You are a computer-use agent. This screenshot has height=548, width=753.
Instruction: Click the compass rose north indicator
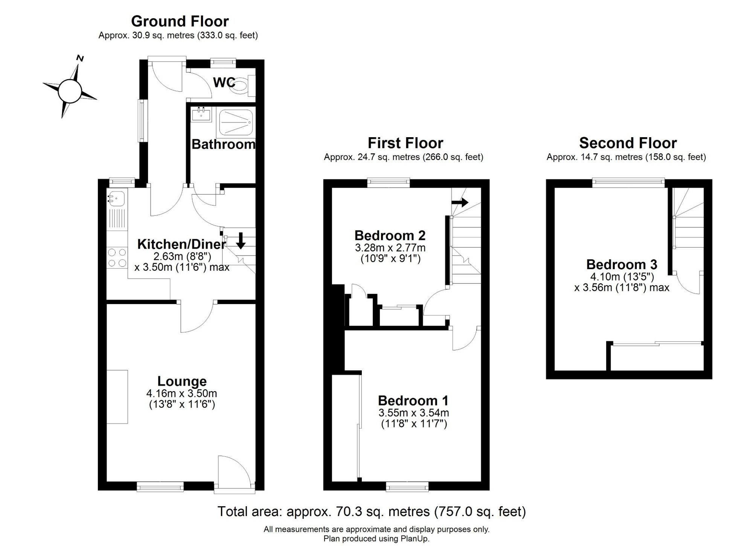click(80, 58)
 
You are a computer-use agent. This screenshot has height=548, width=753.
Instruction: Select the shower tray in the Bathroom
click(236, 122)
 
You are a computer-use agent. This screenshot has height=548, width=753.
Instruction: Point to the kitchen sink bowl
click(117, 198)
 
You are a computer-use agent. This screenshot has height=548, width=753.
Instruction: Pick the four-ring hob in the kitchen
click(117, 258)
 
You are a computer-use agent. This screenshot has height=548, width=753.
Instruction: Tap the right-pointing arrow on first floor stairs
click(460, 202)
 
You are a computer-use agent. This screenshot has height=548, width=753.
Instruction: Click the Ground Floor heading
click(180, 21)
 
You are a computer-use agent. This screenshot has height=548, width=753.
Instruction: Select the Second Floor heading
click(628, 143)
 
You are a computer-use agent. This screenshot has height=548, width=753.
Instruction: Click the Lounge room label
click(182, 381)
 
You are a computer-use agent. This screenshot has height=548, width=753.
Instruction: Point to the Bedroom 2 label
click(390, 236)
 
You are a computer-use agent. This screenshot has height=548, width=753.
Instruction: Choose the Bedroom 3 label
click(622, 265)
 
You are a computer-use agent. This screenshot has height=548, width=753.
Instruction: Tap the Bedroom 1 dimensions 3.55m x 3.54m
click(414, 413)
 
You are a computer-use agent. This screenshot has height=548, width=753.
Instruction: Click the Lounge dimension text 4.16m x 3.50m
click(182, 393)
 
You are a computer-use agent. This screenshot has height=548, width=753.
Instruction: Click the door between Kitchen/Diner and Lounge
click(197, 317)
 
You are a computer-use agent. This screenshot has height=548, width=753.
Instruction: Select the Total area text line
click(372, 512)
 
